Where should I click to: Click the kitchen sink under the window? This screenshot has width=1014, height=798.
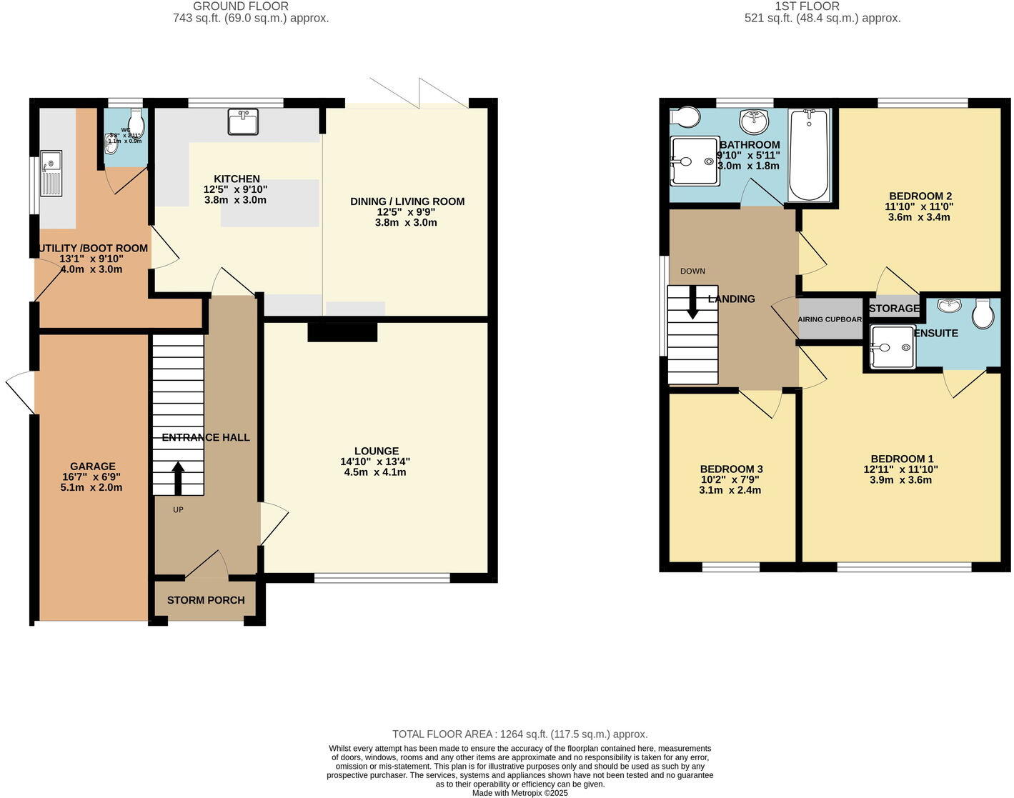(243, 121)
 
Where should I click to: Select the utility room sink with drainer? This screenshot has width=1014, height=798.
(51, 173)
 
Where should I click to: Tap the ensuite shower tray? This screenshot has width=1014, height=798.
(893, 347)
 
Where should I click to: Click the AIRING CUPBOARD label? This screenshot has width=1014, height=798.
(830, 319)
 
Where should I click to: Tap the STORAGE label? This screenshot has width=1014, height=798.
(894, 308)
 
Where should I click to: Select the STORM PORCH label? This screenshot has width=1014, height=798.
(206, 600)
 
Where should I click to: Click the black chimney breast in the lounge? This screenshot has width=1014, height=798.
(342, 332)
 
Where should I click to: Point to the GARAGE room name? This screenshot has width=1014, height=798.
(92, 467)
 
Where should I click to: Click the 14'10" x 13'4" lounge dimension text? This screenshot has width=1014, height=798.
(376, 462)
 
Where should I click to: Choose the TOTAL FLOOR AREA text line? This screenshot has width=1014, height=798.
(520, 734)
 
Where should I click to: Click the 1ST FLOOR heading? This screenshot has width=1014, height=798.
(822, 6)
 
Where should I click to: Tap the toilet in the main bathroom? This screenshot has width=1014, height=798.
(685, 116)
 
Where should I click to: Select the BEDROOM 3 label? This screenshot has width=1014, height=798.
(731, 469)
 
